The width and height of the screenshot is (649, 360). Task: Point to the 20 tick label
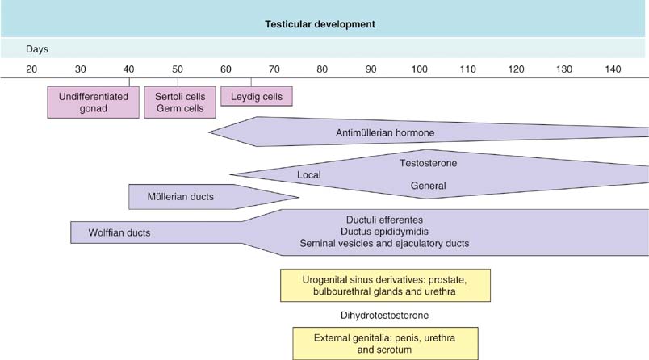tap(31, 69)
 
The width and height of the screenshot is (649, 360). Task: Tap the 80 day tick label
tap(322, 69)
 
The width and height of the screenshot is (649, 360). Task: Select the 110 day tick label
tap(468, 69)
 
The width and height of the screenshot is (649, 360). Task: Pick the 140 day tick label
tap(613, 69)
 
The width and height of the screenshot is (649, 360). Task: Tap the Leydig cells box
tap(256, 96)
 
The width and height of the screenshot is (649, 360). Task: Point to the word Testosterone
tap(428, 164)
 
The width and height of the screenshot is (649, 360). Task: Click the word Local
tap(309, 175)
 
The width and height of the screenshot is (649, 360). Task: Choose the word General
tap(428, 186)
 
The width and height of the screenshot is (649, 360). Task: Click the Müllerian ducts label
tap(181, 196)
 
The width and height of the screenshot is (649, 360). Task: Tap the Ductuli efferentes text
tap(384, 220)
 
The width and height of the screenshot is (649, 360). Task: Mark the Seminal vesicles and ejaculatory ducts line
tap(384, 243)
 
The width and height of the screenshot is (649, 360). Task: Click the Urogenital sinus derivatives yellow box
tap(384, 286)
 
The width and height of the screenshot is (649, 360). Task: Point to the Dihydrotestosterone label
tap(384, 315)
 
